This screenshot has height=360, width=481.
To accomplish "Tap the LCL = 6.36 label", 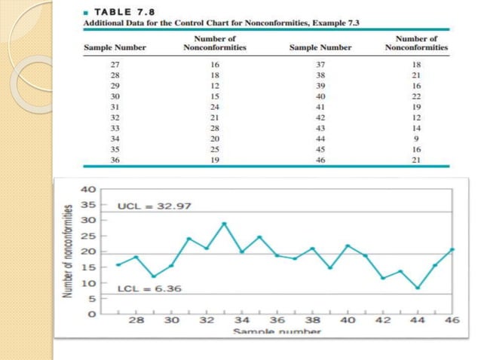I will click(x=149, y=288).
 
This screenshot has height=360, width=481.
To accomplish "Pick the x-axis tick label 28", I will click(x=136, y=320).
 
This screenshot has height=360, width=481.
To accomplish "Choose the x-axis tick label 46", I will click(x=452, y=320).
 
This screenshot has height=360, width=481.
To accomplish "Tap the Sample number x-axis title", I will click(x=271, y=331).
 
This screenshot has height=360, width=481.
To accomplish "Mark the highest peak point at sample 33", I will click(x=224, y=224).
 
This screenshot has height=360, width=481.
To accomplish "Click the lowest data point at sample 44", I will click(x=418, y=288).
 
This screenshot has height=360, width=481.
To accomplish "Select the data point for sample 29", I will click(x=153, y=276).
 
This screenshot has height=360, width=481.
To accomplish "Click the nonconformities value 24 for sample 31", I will click(x=215, y=108).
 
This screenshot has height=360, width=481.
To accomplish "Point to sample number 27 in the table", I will click(x=115, y=66).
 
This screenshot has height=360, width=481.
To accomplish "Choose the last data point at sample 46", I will click(x=453, y=249).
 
